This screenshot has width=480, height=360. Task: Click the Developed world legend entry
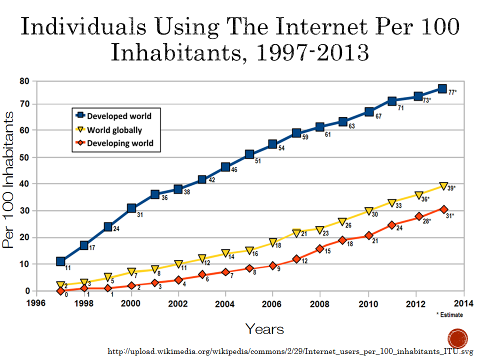pos(113,115)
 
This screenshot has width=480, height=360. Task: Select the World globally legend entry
pos(109,130)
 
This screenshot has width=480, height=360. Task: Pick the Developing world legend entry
pos(114,143)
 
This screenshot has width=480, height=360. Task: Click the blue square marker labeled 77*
pos(442,89)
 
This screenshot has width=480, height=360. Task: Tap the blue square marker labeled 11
pos(60,261)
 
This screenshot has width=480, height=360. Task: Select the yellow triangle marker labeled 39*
pos(443,186)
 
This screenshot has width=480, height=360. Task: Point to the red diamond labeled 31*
pos(443,209)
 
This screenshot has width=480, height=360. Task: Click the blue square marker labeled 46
pos(225,167)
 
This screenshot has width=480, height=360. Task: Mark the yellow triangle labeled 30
pos(369,211)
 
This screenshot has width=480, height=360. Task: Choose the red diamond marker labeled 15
pos(320,248)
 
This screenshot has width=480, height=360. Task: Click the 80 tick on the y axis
pos(24,81)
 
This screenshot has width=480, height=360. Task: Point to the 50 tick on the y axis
pos(24,157)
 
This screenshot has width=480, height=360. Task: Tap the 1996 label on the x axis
pos(36,303)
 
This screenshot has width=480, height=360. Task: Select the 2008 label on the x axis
pos(319,304)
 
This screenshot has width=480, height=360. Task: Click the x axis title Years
pos(264,329)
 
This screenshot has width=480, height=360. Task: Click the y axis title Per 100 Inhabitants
pos(8,179)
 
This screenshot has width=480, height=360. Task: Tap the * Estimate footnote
pos(449,314)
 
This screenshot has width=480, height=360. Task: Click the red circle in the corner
pos(457,339)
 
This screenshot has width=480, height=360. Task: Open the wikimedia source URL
pos(290,351)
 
